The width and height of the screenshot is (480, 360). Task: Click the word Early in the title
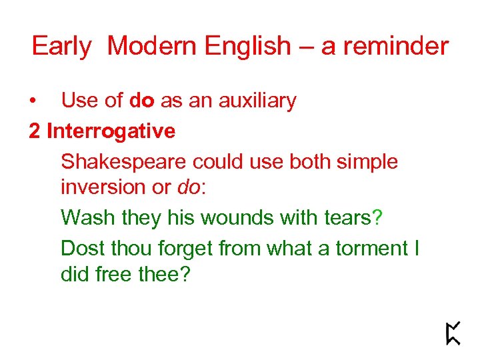point(61,47)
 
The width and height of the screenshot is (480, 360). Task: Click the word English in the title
point(248,47)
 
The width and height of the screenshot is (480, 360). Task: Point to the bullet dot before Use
point(33,101)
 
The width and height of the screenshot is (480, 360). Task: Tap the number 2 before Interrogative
point(35,131)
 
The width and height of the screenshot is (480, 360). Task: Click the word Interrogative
point(111,131)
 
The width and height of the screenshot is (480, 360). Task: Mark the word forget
point(183,249)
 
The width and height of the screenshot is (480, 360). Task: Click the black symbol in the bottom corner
point(453,333)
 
